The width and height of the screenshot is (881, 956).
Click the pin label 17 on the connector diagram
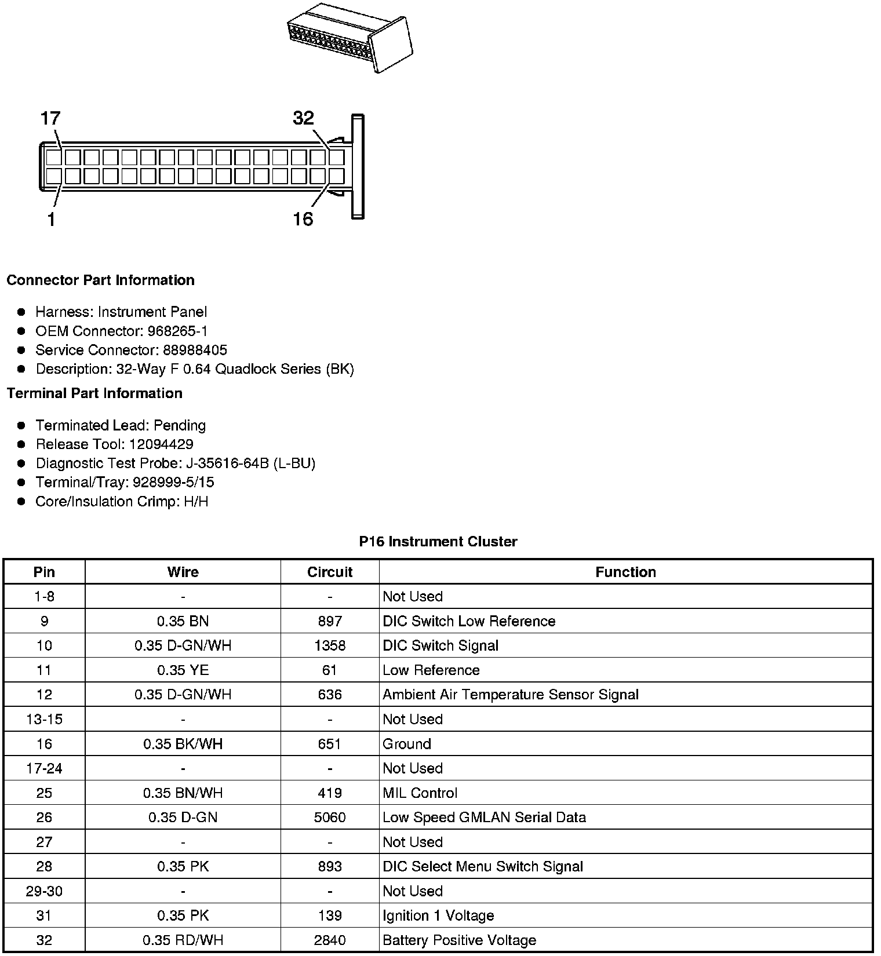pos(50,118)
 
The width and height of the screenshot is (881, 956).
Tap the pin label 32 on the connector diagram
pos(303,118)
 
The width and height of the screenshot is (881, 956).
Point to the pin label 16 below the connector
pos(303,219)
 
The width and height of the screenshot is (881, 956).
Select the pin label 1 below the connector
pos(52,220)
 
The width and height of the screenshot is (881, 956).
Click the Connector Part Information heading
pos(100,280)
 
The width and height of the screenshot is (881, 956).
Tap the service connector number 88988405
pos(195,350)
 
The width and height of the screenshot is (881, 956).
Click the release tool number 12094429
pos(161,444)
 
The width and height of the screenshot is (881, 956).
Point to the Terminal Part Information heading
pos(94,393)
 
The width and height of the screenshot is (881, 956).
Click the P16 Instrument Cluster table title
pos(438,542)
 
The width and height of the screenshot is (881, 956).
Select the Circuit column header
pos(330,572)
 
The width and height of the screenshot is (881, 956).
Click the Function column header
pos(625,572)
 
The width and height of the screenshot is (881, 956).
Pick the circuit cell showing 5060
pos(330,818)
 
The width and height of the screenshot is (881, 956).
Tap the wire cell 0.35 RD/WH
pos(183,940)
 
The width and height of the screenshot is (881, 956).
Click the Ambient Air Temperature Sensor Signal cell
pos(510,695)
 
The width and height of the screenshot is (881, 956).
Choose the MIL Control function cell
pos(420,793)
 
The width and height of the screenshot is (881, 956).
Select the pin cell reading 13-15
pos(44,720)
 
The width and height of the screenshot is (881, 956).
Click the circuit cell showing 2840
pos(330,940)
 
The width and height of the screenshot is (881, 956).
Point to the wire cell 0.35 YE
pos(183,670)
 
